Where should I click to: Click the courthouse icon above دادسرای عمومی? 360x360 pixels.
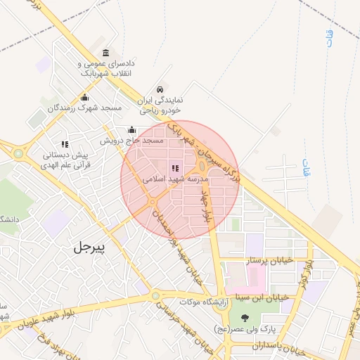pos(105,53)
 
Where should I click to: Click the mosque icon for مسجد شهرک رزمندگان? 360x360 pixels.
pos(85,98)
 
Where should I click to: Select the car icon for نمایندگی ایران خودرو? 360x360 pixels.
pos(160,90)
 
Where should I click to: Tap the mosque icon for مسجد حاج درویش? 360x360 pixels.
pos(131,130)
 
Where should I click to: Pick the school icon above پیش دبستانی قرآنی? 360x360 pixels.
pos(65,144)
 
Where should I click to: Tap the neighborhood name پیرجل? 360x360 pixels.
pos(88,247)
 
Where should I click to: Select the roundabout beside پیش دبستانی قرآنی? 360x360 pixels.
pos(18,153)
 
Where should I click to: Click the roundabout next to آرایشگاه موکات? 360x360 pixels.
pos(155,296)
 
